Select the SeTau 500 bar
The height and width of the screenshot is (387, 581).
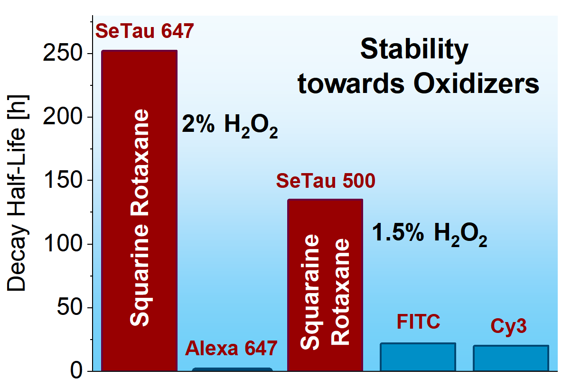tap(325, 285)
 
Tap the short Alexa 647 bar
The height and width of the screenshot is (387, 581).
tap(232, 369)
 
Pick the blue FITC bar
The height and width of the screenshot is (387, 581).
tap(418, 357)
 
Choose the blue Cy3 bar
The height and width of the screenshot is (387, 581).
tap(511, 358)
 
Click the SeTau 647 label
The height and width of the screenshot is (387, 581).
tap(145, 31)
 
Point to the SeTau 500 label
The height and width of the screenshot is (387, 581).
tap(326, 181)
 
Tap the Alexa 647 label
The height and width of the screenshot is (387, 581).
tap(231, 349)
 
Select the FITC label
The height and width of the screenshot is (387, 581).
tap(418, 322)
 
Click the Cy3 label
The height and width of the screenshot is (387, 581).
tap(508, 327)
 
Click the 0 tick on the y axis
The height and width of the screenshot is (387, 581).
tap(76, 370)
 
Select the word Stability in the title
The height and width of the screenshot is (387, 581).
tap(414, 49)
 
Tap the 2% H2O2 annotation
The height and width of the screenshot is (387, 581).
tap(230, 126)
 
